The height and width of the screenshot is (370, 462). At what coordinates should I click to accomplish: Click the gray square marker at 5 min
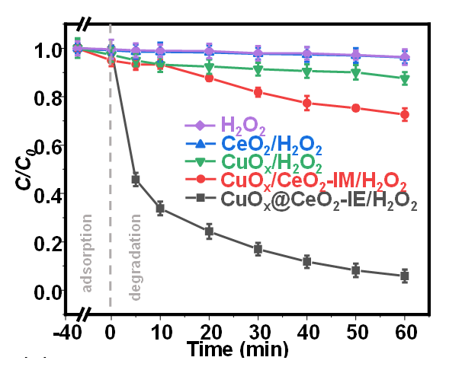tap(136, 180)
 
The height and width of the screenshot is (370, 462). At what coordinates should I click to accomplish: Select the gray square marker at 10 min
tap(160, 208)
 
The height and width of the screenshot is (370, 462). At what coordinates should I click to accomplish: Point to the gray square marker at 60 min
tap(405, 276)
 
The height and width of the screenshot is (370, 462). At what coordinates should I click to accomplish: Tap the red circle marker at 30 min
tap(258, 92)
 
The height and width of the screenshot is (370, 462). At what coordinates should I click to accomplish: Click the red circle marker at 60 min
tap(405, 115)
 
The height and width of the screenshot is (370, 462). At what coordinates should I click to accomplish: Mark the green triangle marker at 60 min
tap(405, 78)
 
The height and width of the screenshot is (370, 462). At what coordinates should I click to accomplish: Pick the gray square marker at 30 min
tap(258, 249)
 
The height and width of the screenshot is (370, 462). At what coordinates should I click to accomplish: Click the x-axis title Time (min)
tap(238, 349)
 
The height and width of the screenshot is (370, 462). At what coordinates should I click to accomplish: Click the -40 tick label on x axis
tap(77, 333)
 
